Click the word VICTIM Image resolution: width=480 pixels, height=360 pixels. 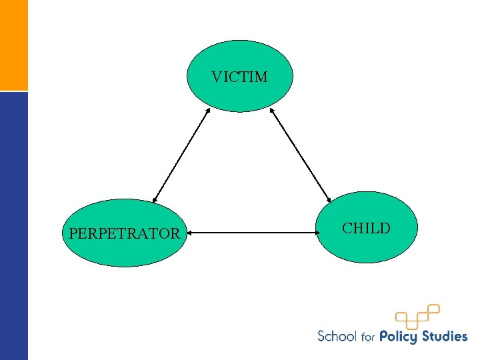click(239, 77)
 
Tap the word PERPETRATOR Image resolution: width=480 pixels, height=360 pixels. click(124, 234)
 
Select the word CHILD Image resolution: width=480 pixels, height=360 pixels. click(366, 229)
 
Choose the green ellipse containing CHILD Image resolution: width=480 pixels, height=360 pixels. click(366, 247)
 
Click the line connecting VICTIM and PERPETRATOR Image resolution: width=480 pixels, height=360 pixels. click(180, 155)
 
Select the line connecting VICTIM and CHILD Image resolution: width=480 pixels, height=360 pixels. click(301, 155)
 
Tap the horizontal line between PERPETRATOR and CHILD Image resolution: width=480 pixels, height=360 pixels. click(251, 233)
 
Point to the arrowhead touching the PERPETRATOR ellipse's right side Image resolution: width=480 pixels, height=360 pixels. click(189, 233)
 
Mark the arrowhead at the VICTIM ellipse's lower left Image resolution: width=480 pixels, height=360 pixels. click(207, 111)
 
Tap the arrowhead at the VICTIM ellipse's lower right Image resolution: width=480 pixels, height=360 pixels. click(272, 110)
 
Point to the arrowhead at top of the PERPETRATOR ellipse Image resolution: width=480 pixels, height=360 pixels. click(155, 199)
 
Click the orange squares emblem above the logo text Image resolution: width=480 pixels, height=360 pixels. click(417, 316)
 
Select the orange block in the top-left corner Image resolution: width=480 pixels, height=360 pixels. click(14, 45)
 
